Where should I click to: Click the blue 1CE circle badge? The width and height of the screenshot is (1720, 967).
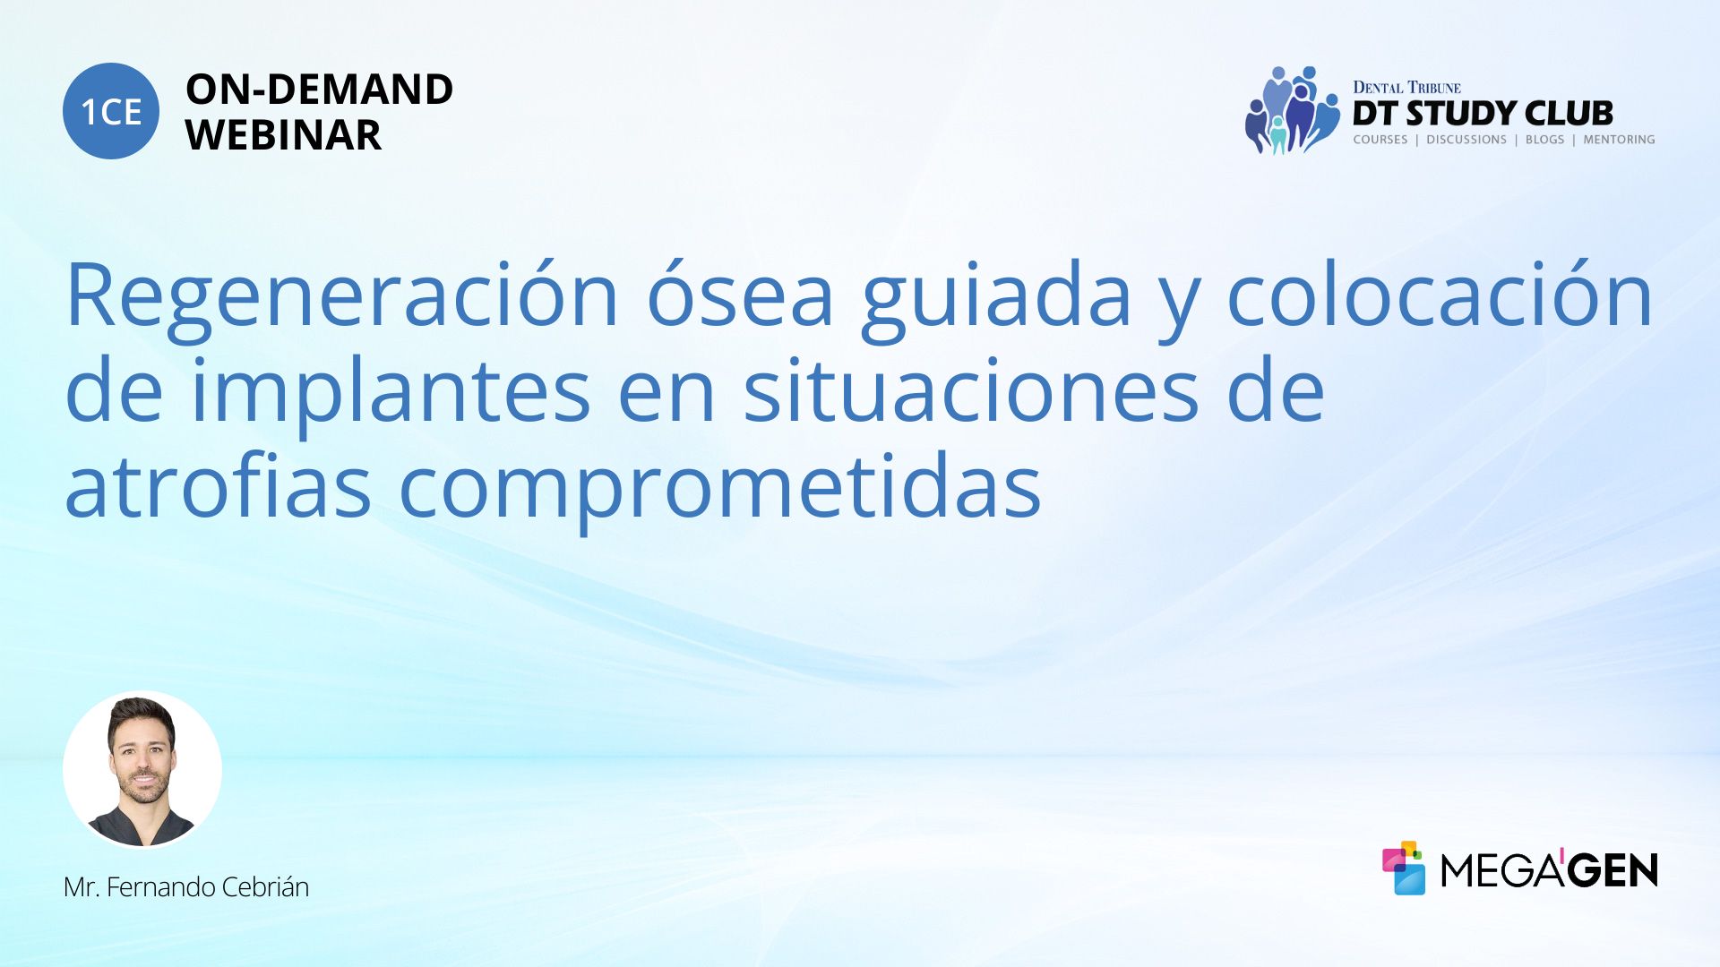point(111,111)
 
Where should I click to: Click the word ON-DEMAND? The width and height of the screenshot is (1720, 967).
point(319,90)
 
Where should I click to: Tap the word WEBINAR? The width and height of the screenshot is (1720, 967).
point(283,135)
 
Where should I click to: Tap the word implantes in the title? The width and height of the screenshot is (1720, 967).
point(391,392)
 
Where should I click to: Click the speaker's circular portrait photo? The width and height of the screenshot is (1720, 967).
point(142,770)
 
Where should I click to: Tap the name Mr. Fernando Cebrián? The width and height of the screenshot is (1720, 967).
point(186,887)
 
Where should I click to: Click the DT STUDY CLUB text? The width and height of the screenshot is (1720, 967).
point(1483,114)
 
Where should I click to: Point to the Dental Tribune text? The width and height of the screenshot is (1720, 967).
point(1406,88)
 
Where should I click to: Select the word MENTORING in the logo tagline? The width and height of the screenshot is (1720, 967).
point(1619,140)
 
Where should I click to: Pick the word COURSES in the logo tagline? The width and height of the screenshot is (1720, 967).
point(1380,140)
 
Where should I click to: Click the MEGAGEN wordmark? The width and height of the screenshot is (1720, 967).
point(1549,869)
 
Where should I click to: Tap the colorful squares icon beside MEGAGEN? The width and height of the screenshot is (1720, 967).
point(1404,868)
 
